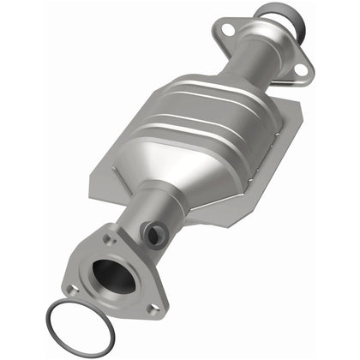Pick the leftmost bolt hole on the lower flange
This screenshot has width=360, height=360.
tap(73, 290)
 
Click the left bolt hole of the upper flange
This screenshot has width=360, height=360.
tap(227, 32)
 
